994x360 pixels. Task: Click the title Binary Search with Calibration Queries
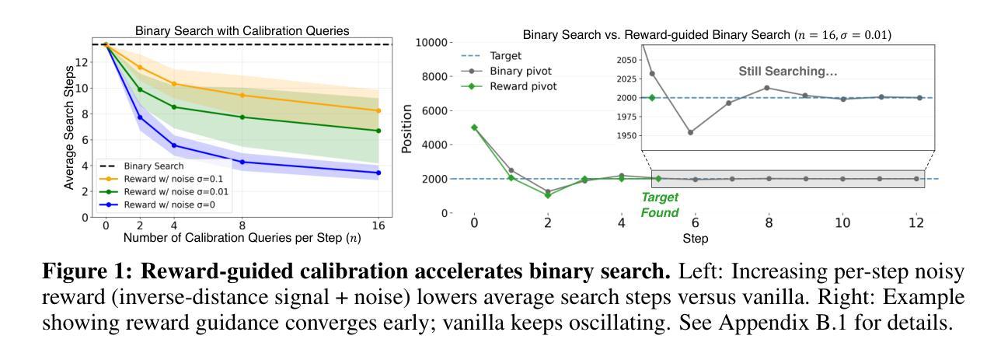(242, 31)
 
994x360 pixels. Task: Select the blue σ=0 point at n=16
(378, 173)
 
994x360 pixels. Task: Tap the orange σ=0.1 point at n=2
(140, 67)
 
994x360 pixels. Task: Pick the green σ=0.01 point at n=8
(242, 117)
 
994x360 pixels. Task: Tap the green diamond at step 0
(474, 128)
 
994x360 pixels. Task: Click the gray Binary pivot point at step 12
(917, 179)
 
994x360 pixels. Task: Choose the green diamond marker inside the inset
(652, 98)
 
